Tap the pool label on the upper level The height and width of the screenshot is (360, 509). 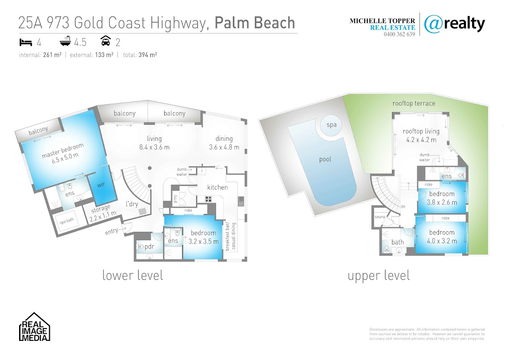point(325,160)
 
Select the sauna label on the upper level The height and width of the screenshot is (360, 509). point(379,217)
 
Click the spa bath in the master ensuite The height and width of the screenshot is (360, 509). point(66,222)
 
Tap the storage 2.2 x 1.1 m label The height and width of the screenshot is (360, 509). point(100,211)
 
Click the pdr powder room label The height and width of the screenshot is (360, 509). point(149,247)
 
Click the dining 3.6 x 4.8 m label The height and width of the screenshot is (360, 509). point(224,143)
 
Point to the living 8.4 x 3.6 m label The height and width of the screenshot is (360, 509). point(154,143)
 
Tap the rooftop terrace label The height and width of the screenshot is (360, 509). point(414,103)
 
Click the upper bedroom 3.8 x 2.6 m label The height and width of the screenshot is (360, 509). point(442,198)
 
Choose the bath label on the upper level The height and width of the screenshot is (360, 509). point(397,242)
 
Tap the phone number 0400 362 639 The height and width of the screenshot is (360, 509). point(399,34)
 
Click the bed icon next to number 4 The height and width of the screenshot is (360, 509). point(25,42)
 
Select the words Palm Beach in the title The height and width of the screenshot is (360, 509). point(255,22)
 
